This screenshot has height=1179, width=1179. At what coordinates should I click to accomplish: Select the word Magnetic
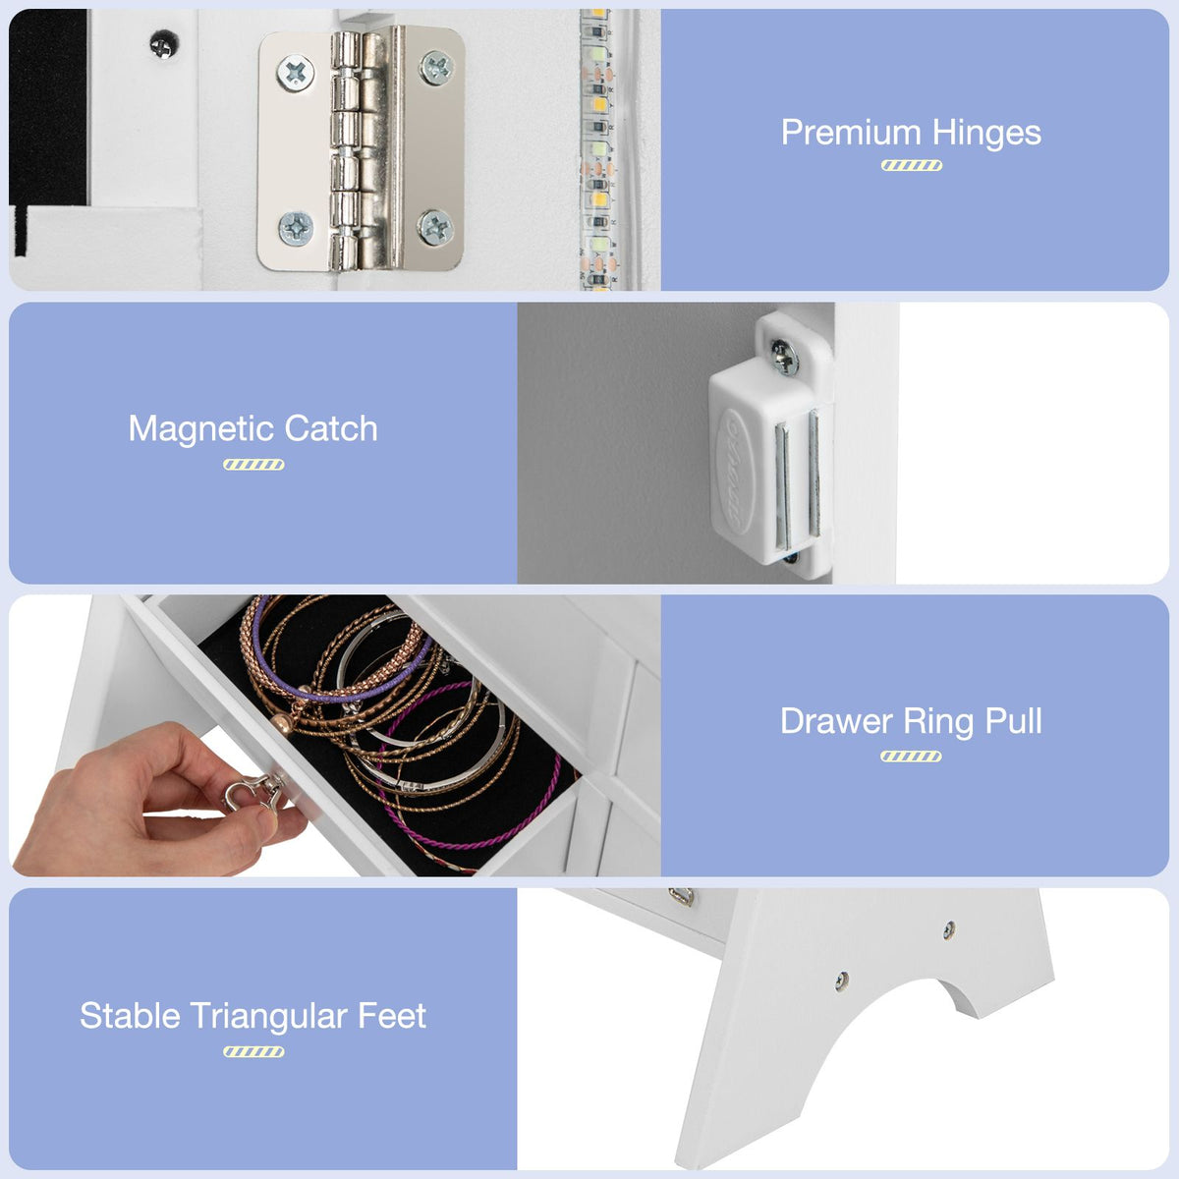pos(198,428)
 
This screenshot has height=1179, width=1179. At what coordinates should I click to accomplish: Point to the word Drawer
pos(836,721)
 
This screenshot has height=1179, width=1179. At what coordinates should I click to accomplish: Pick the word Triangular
pos(269,1016)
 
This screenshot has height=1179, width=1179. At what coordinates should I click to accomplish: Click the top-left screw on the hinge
pos(294,71)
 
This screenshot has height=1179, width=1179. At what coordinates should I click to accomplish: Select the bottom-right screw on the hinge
pos(435,228)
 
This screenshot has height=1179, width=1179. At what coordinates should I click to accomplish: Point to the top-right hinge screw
pos(435,67)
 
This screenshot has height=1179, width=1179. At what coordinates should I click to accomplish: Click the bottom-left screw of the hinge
pos(295,229)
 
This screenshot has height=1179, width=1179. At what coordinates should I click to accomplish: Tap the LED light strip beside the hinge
pos(596,147)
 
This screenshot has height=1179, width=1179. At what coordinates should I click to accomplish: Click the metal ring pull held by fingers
pos(251,790)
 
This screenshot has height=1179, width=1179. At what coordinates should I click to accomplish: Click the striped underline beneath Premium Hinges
pos(911,165)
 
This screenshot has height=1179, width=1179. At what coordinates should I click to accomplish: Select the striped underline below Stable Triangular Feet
pos(253,1051)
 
